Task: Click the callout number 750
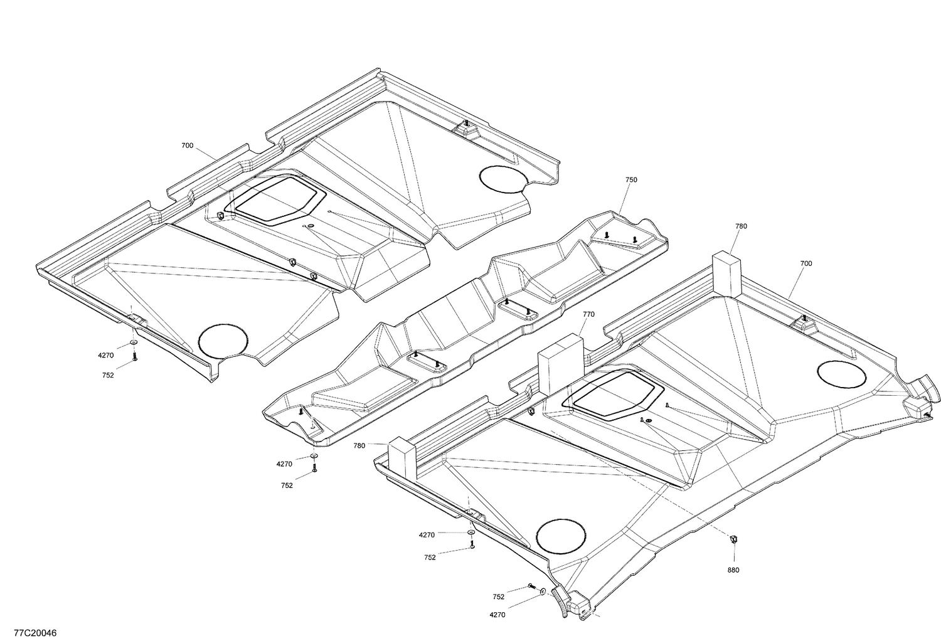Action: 630,180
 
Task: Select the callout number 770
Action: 588,314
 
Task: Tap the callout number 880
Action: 733,570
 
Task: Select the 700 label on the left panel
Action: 187,146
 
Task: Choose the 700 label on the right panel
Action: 805,263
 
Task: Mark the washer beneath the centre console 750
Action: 314,456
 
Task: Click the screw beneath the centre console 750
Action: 314,468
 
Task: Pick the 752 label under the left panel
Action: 107,375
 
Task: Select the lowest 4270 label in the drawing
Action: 497,615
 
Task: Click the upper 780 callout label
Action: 741,226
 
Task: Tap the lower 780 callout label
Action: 359,446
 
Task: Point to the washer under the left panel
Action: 134,343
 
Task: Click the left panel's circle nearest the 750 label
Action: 501,177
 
